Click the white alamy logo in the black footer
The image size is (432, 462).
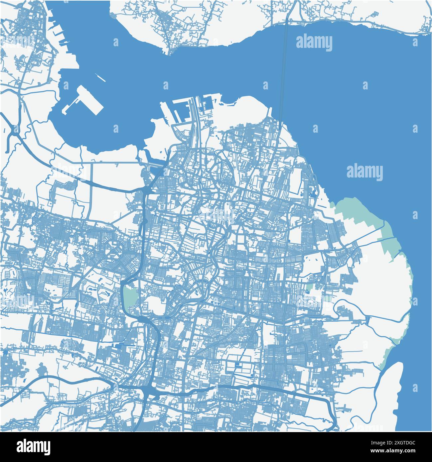click(34, 446)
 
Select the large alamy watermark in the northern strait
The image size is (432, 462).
click(314, 43)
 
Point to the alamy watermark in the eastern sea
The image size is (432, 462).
click(364, 172)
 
